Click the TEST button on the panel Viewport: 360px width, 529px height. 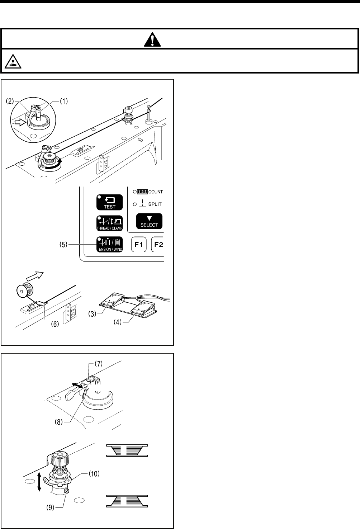click(x=110, y=202)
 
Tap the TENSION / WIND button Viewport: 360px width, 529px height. click(x=110, y=244)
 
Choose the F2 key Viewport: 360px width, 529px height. click(x=158, y=245)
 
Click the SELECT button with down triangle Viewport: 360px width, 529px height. click(x=149, y=221)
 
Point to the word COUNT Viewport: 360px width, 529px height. click(x=156, y=192)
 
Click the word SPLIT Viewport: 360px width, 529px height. click(x=155, y=204)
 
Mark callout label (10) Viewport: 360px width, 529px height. click(x=93, y=473)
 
